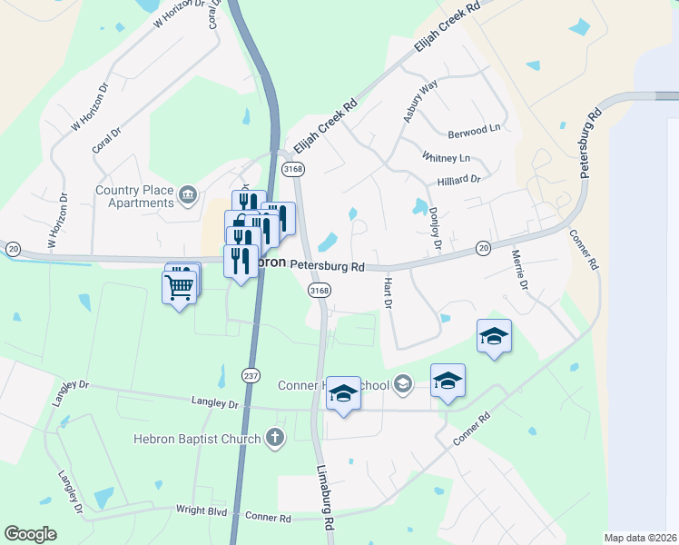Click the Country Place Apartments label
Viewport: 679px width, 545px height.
[135, 196]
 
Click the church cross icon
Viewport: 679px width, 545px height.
[275, 439]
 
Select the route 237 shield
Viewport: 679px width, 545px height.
[251, 375]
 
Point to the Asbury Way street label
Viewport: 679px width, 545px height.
[420, 100]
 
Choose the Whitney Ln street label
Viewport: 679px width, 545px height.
[446, 157]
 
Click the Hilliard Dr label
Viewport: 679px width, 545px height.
[457, 180]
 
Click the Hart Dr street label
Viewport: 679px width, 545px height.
[387, 292]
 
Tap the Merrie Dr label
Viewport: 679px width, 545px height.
[519, 270]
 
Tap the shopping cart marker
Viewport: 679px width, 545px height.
[180, 285]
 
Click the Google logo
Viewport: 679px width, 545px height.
[30, 534]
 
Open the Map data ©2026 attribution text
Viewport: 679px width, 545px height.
[640, 538]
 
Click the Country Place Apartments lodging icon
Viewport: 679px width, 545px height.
[188, 193]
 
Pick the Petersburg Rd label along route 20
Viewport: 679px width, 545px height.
[327, 267]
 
